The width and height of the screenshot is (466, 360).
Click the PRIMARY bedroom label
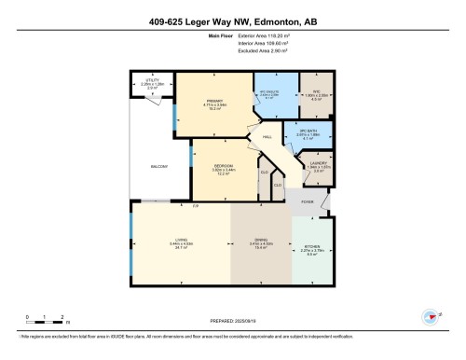coord(214,102)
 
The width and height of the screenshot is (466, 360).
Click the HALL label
coord(267,138)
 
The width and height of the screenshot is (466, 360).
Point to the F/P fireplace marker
coord(196,205)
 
